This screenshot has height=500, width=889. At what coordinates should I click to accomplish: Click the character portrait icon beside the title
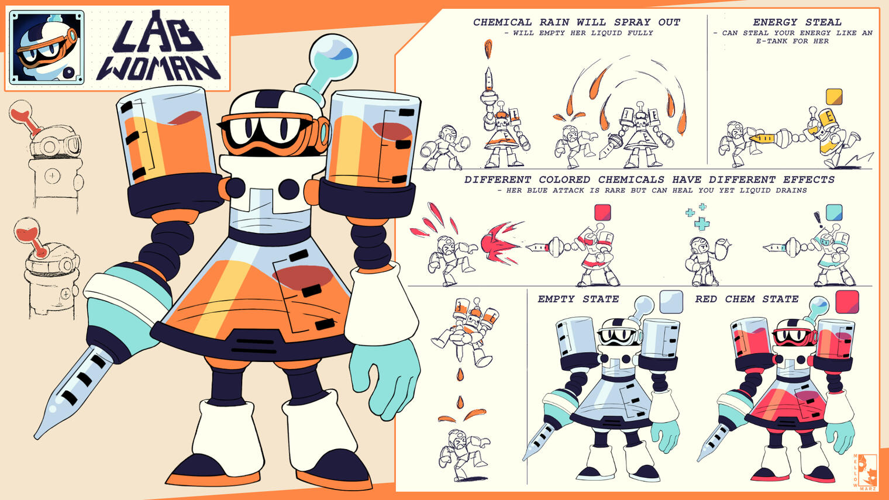click(x=47, y=47)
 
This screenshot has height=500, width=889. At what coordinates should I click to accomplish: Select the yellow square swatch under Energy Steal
click(x=833, y=96)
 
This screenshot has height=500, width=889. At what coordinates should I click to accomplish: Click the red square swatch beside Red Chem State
click(x=847, y=302)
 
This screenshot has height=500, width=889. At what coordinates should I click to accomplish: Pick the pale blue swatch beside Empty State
click(x=671, y=302)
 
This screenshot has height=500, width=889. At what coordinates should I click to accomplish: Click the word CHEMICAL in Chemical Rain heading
click(x=502, y=22)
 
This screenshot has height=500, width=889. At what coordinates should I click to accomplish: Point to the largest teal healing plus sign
click(x=702, y=223)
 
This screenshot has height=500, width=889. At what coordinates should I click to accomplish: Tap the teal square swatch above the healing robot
click(x=834, y=212)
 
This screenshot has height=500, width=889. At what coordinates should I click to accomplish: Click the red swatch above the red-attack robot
click(x=602, y=212)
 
